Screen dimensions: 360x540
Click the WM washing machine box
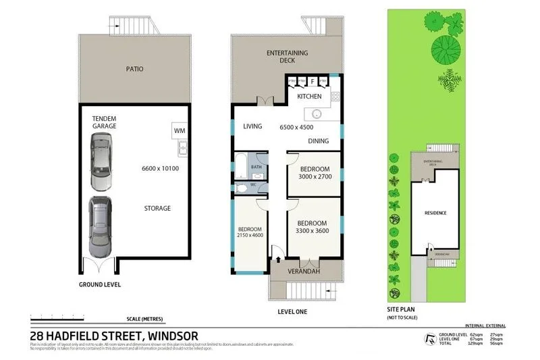(180, 130)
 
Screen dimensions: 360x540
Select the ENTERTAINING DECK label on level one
(287, 57)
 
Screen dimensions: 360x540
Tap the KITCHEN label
(309, 97)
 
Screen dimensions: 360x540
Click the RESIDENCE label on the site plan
(435, 213)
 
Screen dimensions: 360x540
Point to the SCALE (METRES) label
(144, 319)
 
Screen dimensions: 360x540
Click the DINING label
(318, 141)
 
